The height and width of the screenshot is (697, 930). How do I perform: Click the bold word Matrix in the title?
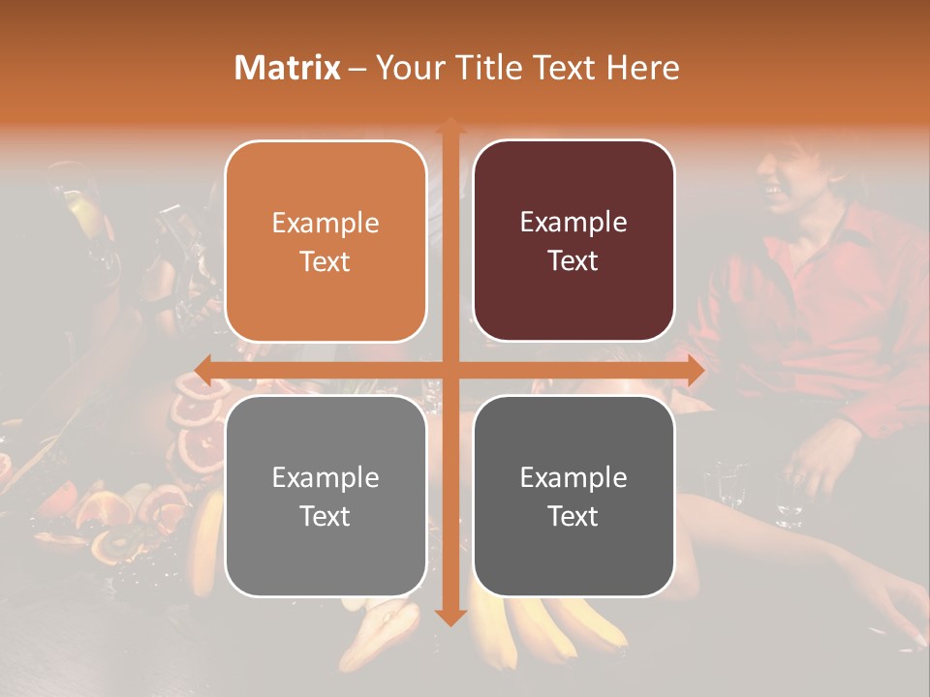tap(288, 68)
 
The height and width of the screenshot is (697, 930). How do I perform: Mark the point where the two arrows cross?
tap(449, 370)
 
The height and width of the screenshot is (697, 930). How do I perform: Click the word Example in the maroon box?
tap(573, 223)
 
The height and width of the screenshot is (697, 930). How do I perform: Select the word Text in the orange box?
tap(325, 262)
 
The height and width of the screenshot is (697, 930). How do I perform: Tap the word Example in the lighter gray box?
tap(325, 477)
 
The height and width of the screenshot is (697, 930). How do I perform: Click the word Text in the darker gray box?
tap(573, 516)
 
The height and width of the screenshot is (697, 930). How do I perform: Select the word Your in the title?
tap(406, 68)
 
